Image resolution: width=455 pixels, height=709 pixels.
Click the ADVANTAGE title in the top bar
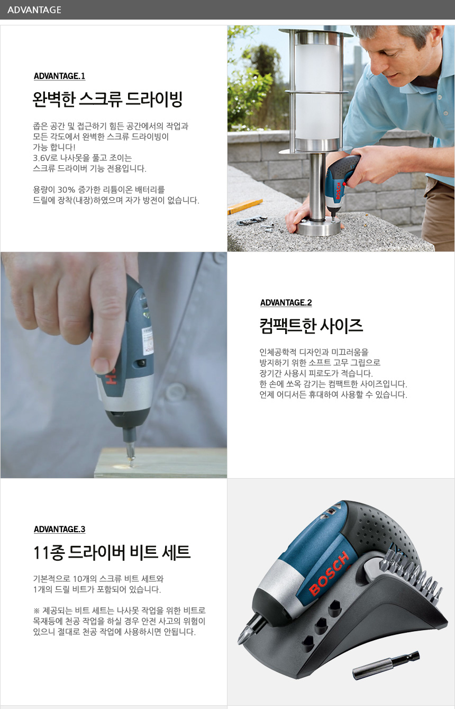(x=34, y=10)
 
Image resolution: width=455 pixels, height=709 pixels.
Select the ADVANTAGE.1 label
(x=59, y=76)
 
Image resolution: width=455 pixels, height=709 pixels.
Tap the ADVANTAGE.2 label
(x=286, y=302)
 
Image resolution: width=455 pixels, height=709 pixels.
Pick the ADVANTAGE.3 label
(x=59, y=529)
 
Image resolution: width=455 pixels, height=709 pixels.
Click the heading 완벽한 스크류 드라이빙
(x=107, y=99)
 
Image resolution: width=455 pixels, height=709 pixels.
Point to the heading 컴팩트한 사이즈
(x=311, y=326)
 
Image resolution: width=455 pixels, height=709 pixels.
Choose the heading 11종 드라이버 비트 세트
(x=112, y=552)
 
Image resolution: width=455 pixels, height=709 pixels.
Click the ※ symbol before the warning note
(x=37, y=611)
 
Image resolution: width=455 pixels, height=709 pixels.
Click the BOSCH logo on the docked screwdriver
(x=329, y=573)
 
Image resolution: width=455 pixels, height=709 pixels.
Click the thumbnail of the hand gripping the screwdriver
(x=114, y=365)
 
